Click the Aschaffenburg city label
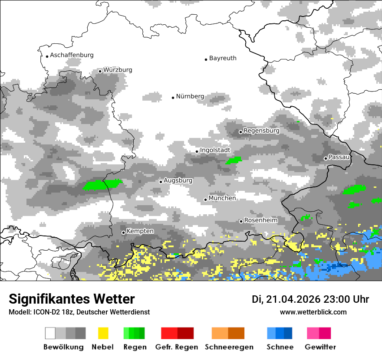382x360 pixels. (x=72, y=56)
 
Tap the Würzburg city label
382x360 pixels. (x=118, y=70)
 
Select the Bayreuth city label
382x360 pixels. (x=223, y=58)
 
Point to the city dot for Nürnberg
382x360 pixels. (x=173, y=98)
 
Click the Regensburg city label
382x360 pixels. (x=261, y=131)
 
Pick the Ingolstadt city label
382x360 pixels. (x=215, y=150)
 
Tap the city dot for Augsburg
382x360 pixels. (x=161, y=182)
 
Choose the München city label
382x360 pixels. (x=222, y=198)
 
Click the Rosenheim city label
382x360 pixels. (x=261, y=220)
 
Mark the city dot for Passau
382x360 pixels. (x=326, y=158)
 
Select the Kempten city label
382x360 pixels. (x=140, y=231)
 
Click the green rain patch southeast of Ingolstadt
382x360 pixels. (x=234, y=160)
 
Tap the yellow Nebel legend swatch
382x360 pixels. (x=103, y=333)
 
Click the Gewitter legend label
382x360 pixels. (x=320, y=347)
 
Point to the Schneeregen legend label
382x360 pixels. (x=228, y=347)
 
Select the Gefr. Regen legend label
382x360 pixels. (x=176, y=347)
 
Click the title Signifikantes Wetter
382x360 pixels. (x=72, y=299)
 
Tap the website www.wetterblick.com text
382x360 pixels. (x=313, y=312)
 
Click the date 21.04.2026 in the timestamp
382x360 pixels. (x=292, y=299)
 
